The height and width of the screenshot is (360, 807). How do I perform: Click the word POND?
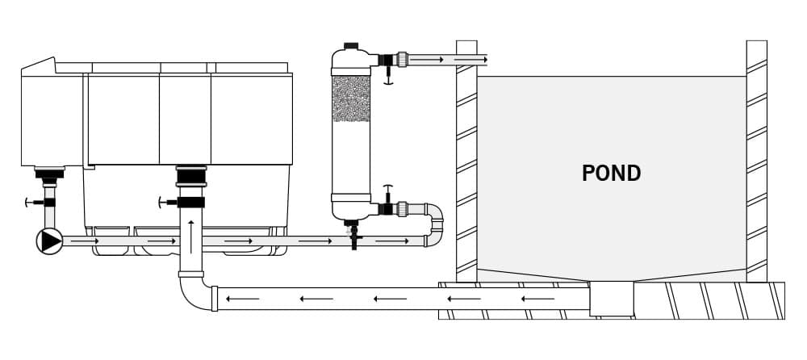(611, 173)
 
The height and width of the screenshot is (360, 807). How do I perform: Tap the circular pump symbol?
(50, 241)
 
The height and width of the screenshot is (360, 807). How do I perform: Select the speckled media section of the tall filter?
(351, 98)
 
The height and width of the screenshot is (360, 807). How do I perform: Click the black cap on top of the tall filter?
(351, 46)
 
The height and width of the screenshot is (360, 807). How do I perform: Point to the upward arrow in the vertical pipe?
(191, 237)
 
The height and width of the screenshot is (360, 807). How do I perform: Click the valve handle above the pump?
(31, 203)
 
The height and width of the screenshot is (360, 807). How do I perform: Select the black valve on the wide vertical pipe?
(191, 202)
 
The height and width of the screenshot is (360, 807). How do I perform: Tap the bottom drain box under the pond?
(612, 299)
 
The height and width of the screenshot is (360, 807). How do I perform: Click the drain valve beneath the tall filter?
(353, 235)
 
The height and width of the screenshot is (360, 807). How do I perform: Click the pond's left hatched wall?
(466, 161)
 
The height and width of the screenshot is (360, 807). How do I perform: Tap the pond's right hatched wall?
(757, 161)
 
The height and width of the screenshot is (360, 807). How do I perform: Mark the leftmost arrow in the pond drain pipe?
(242, 299)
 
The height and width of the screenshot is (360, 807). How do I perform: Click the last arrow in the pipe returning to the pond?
(470, 60)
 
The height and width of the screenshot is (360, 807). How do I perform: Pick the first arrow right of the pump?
(85, 241)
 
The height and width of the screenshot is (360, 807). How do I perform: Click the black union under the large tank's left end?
(49, 174)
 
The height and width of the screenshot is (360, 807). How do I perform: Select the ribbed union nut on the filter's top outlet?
(402, 60)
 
